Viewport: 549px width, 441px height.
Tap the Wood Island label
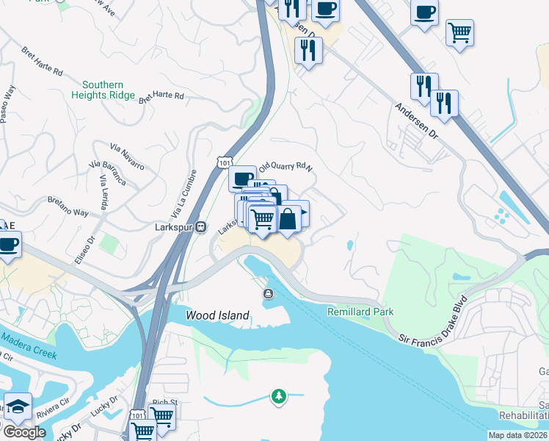[x=217, y=315]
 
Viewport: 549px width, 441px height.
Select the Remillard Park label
[x=360, y=312]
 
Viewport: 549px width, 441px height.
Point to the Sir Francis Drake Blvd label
[x=434, y=321]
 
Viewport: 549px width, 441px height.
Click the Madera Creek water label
[x=29, y=343]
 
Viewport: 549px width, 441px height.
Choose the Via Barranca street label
[x=107, y=171]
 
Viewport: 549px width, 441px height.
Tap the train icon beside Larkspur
[x=200, y=227]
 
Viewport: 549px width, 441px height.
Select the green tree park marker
[x=278, y=397]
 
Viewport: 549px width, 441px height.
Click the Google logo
[x=23, y=432]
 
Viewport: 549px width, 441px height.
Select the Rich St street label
[x=164, y=403]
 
